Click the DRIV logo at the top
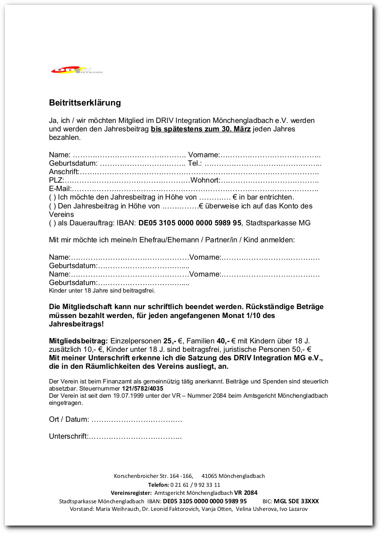[x=77, y=70]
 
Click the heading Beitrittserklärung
[x=85, y=103]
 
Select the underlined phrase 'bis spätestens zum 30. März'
[x=201, y=129]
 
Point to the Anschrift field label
[x=64, y=172]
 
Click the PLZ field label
[x=56, y=180]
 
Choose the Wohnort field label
[x=205, y=180]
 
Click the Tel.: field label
[x=195, y=163]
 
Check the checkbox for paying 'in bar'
[x=52, y=197]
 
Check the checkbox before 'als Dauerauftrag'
[x=52, y=223]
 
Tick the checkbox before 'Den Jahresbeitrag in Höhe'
[x=52, y=206]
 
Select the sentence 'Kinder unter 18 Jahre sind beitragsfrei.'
[x=102, y=290]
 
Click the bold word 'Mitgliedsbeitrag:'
[x=78, y=341]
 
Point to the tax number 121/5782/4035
[x=142, y=388]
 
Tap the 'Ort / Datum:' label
[x=69, y=420]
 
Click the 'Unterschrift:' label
[x=69, y=436]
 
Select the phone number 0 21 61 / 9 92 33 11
[x=195, y=485]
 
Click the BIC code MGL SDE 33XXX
[x=296, y=501]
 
